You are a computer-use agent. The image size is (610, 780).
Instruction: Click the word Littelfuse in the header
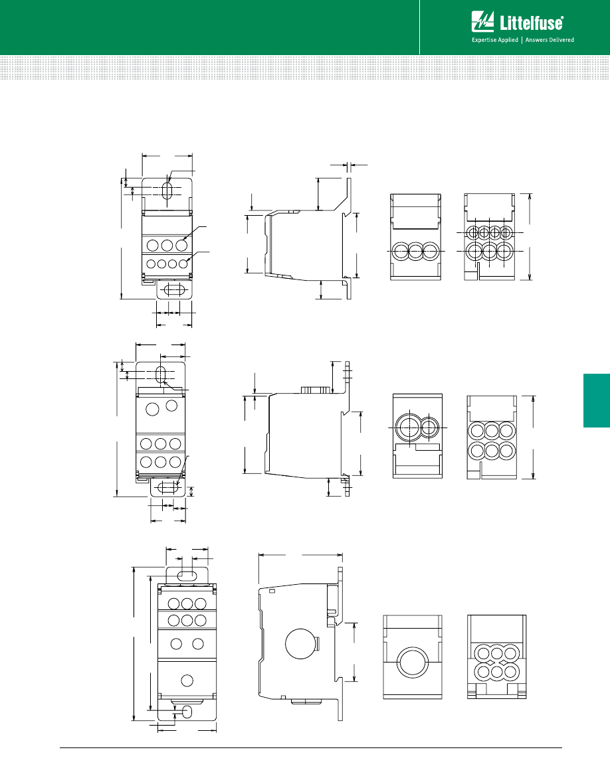coord(532,23)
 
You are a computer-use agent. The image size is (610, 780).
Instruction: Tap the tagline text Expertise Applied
coord(495,40)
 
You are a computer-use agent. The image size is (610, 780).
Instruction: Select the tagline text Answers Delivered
coord(550,40)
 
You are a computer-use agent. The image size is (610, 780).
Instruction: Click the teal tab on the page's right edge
coord(597,400)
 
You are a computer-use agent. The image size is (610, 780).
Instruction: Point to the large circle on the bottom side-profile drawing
coord(301,643)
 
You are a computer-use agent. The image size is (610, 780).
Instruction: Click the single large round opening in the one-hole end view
coord(412,662)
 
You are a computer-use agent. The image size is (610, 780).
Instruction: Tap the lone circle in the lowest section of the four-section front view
coord(187,680)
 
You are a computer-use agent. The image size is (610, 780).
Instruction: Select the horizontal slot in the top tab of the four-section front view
coord(187,575)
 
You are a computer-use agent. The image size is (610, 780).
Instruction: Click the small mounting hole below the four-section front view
coord(188,712)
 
